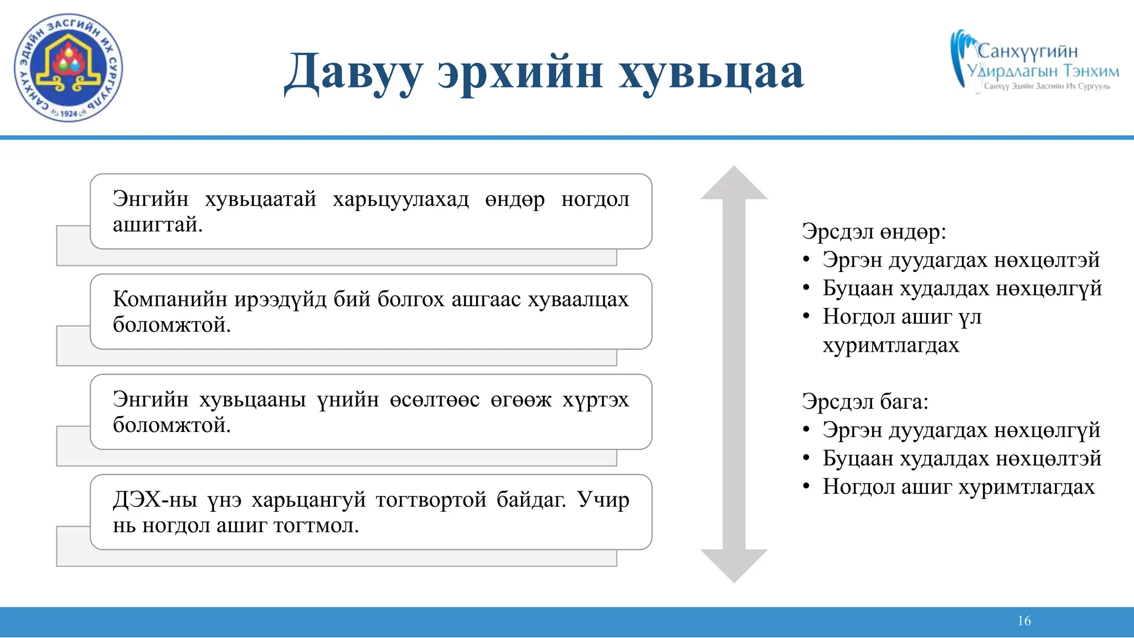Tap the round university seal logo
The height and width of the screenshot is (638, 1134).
tap(68, 68)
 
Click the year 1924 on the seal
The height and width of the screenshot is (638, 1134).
tap(68, 114)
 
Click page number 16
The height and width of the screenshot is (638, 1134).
tap(1024, 621)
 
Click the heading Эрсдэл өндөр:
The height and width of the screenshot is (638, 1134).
tap(874, 231)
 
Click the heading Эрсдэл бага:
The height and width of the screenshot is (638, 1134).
tap(865, 402)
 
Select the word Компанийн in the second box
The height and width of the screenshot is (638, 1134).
tap(170, 299)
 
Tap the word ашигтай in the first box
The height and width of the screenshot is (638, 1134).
tap(157, 225)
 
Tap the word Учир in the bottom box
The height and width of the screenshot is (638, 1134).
tap(603, 500)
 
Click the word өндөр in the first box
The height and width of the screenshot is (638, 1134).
tap(514, 199)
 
